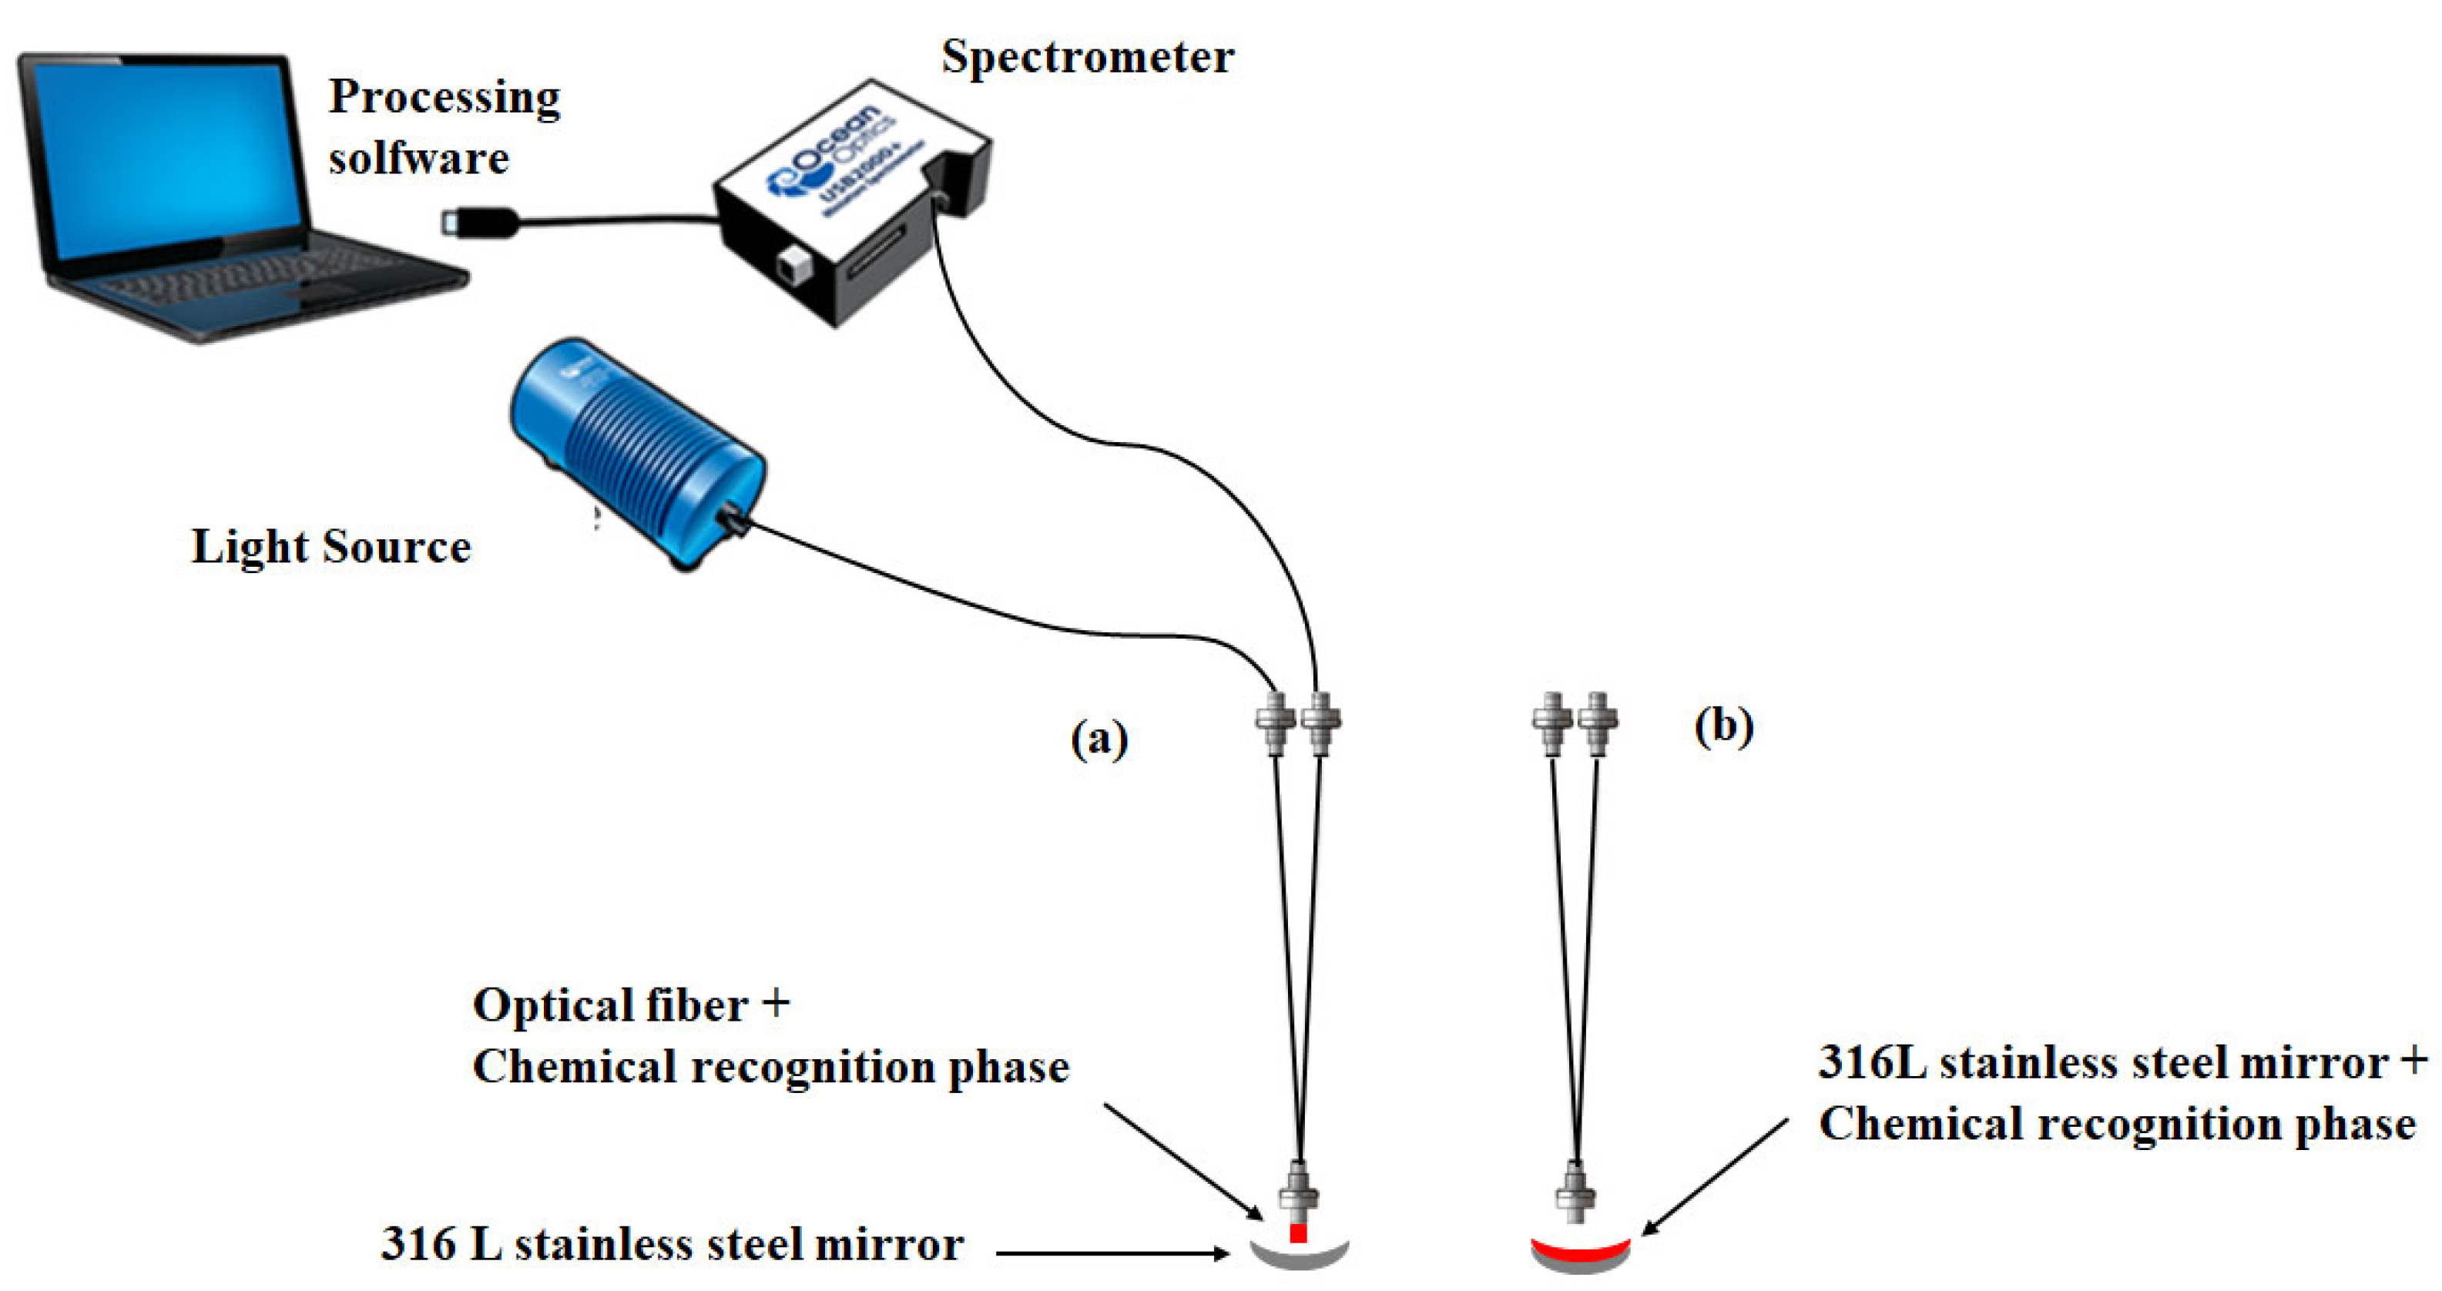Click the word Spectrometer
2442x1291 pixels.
pos(1087,57)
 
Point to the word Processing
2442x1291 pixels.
pos(444,98)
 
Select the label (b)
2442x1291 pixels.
pos(1723,727)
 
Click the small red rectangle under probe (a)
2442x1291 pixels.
pos(1299,1233)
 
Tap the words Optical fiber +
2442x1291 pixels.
pos(630,1004)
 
